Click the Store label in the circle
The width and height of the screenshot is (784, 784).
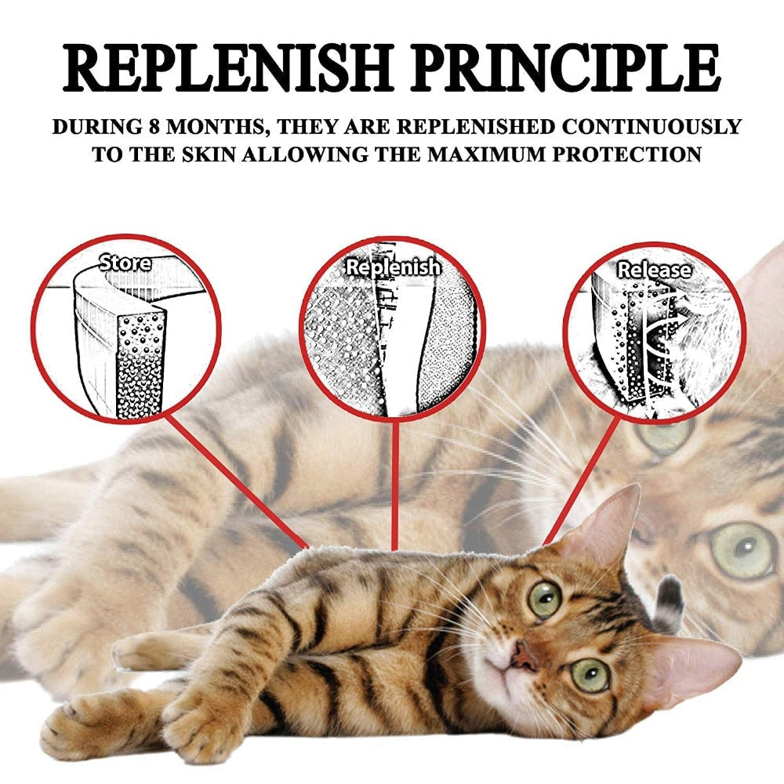125,263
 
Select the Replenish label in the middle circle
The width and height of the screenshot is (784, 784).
394,267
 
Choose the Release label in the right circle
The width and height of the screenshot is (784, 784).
655,270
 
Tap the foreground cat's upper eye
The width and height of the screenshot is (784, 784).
544,600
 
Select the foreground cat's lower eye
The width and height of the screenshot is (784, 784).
589,675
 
